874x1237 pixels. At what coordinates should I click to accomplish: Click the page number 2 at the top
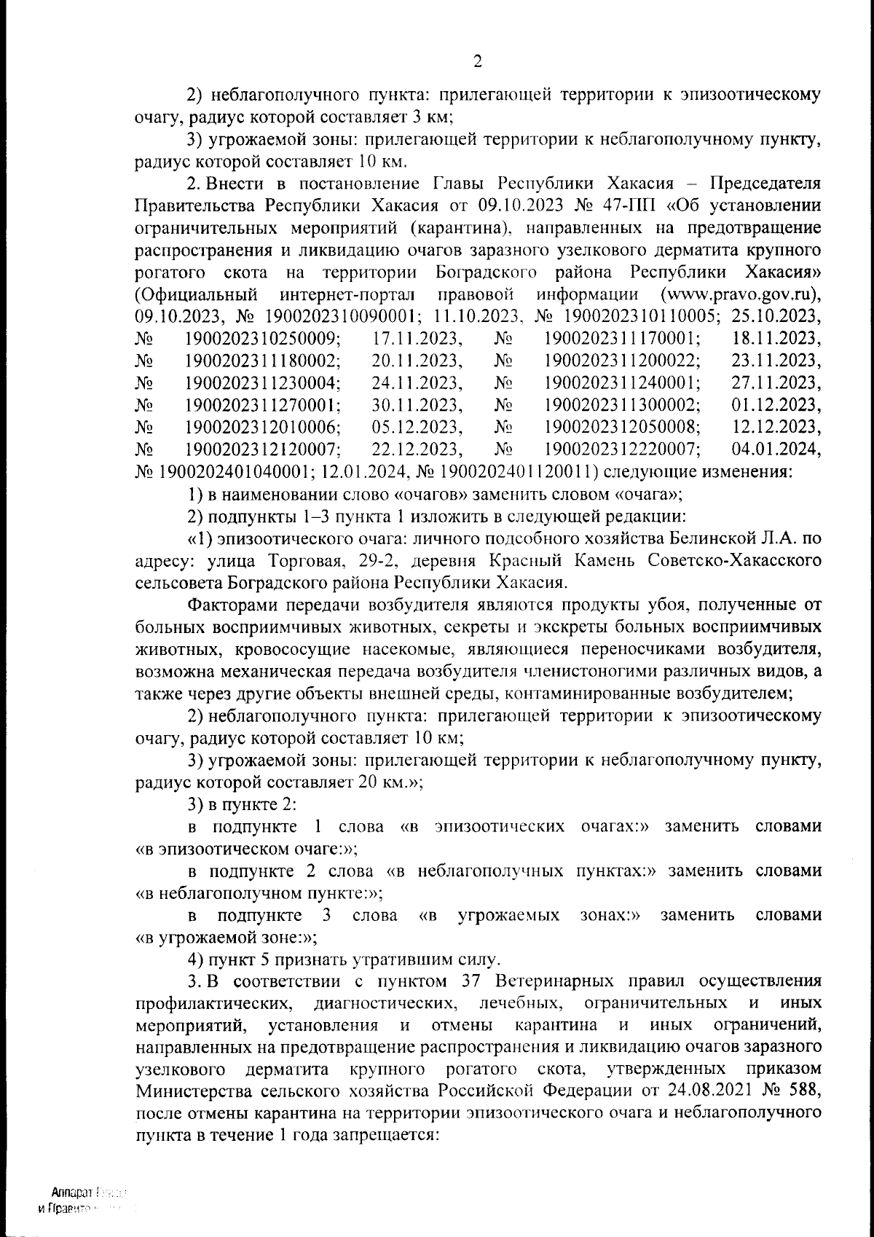click(x=478, y=61)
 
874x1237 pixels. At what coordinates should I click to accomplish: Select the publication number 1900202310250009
click(x=262, y=339)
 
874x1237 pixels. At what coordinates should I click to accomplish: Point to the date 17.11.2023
click(x=418, y=339)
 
